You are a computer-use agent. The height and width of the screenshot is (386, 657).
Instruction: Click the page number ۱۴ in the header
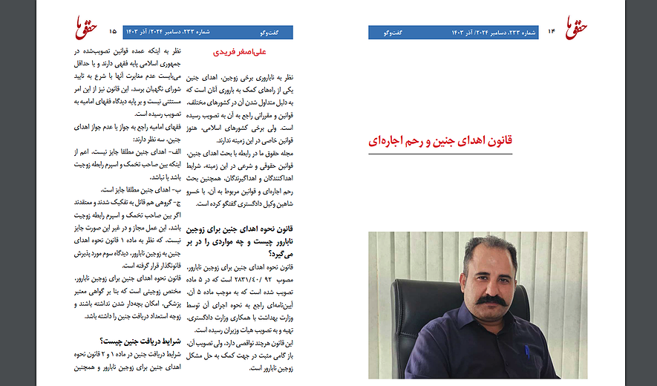pyautogui.click(x=552, y=31)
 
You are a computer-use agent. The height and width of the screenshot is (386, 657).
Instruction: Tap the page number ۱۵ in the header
pyautogui.click(x=113, y=31)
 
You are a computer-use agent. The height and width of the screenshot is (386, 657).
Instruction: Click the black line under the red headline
pyautogui.click(x=440, y=153)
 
